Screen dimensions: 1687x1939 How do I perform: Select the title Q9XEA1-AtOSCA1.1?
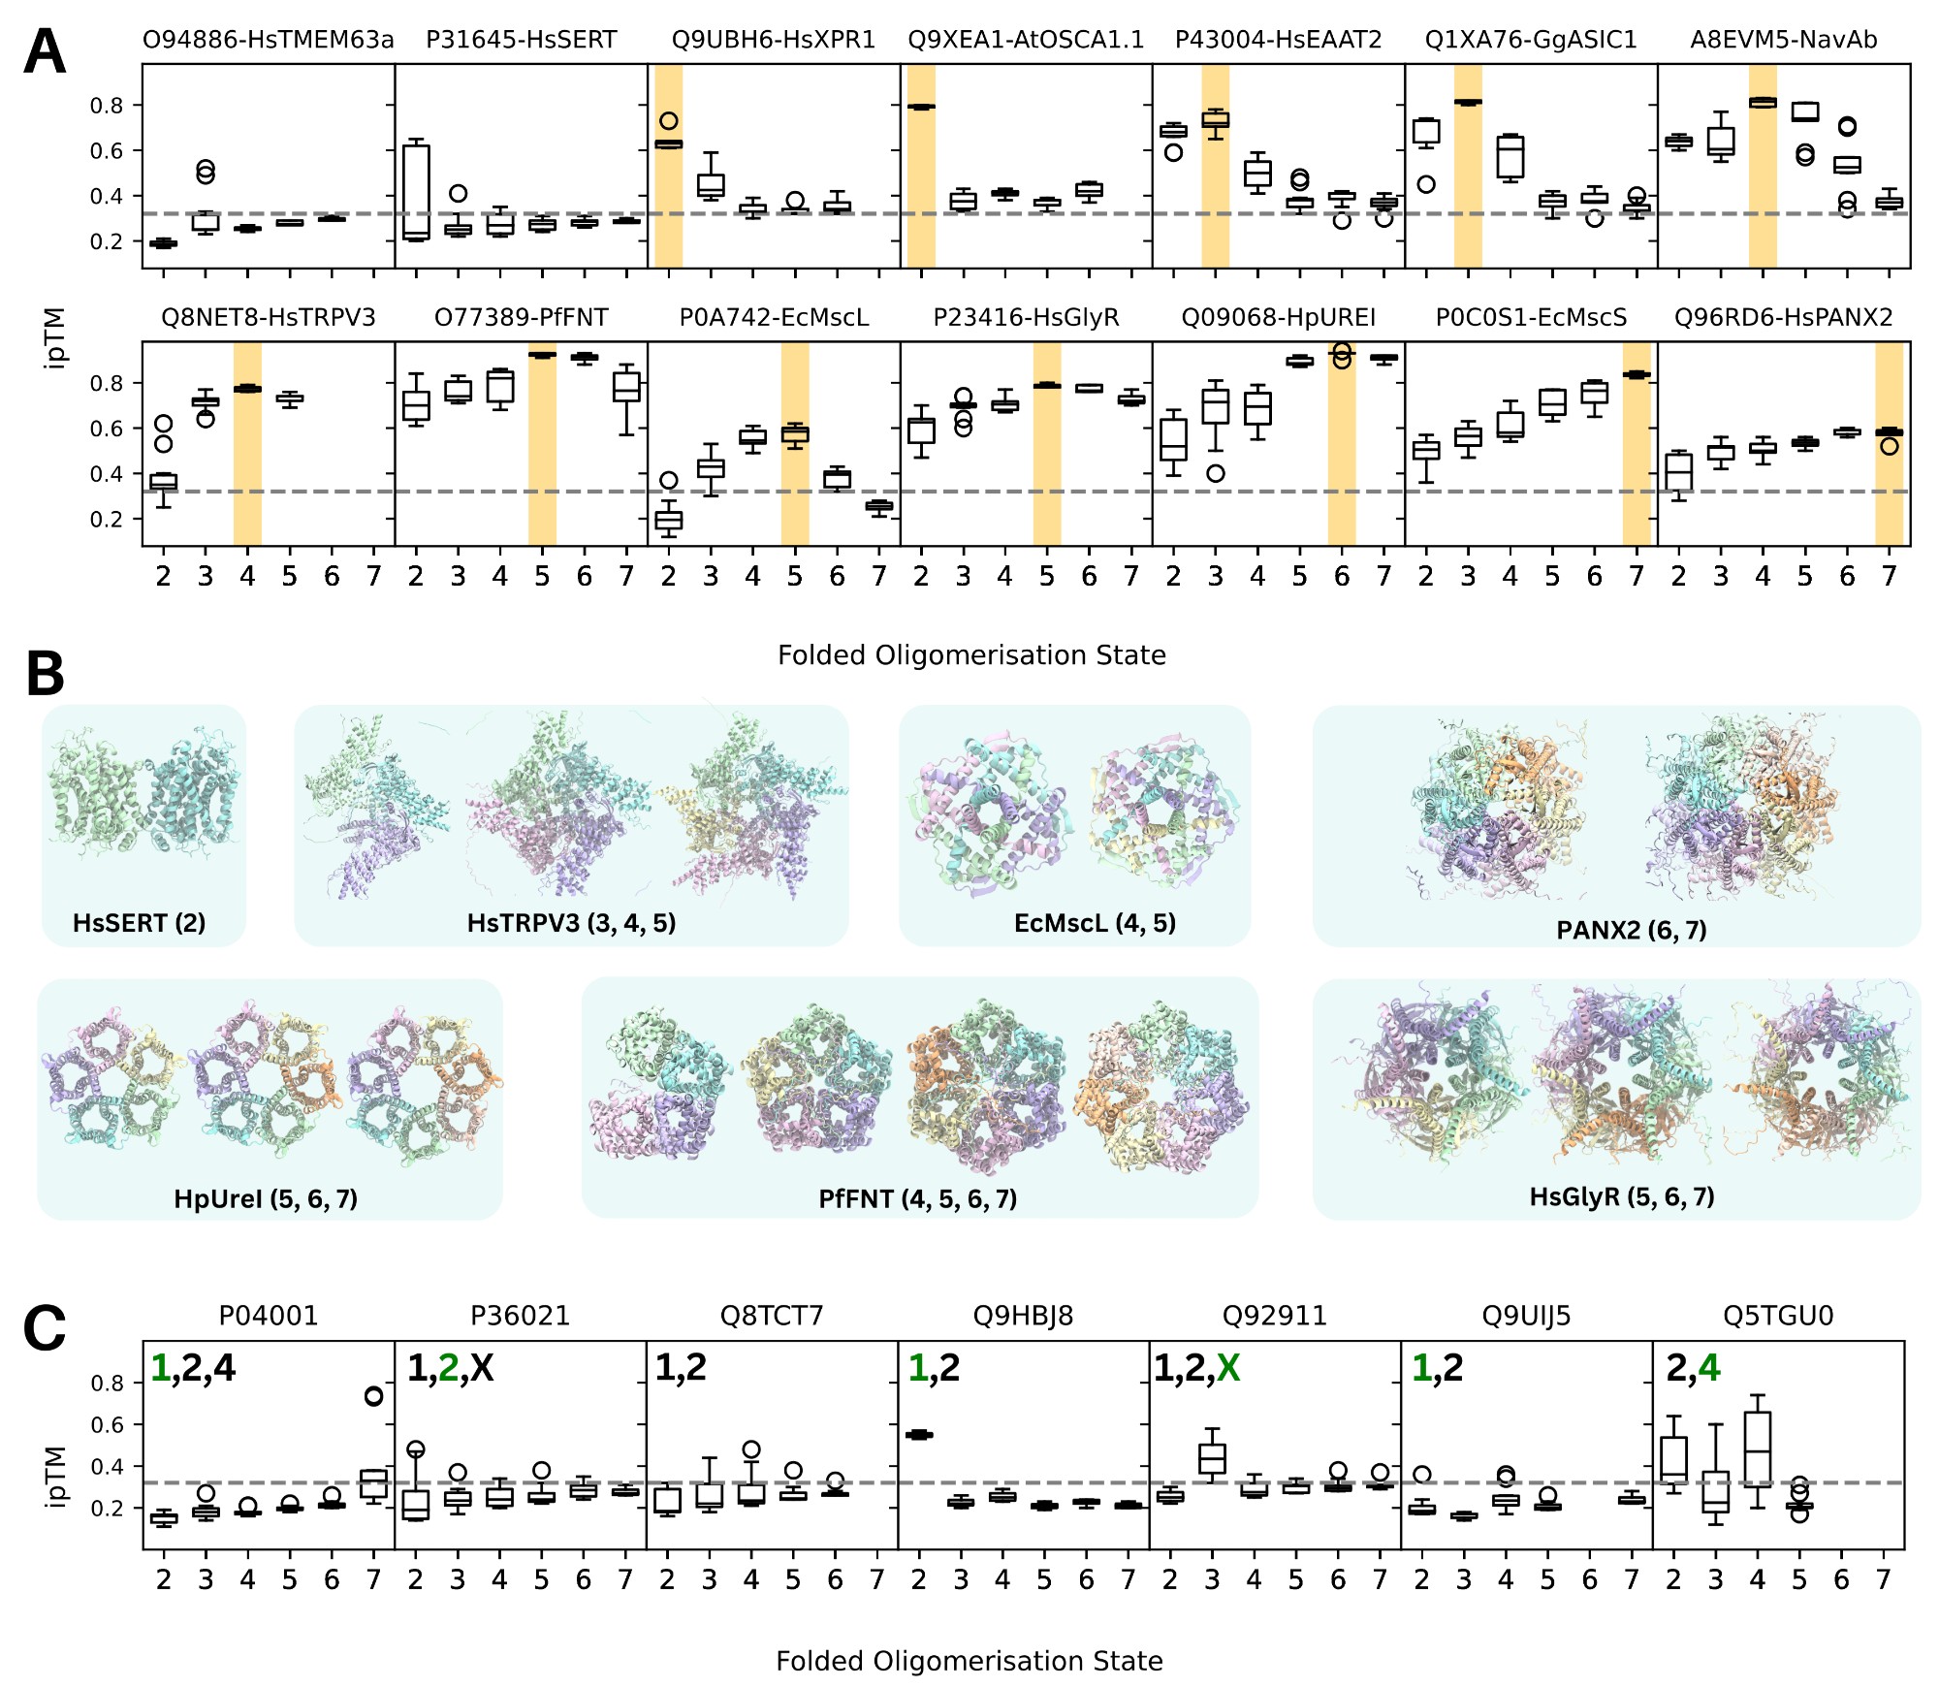pos(1026,40)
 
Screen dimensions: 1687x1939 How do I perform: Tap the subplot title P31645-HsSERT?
pos(522,40)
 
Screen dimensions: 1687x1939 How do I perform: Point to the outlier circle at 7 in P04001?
pos(373,1396)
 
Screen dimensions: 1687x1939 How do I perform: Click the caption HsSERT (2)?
pos(140,923)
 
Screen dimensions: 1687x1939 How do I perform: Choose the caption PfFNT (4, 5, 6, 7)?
pos(918,1199)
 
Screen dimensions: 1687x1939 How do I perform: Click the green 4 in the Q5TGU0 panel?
pos(1708,1368)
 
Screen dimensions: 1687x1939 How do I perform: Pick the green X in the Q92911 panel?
pos(1228,1368)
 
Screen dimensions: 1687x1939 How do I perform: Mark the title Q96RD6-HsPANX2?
pos(1783,318)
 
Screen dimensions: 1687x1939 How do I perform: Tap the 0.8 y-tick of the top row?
pos(107,106)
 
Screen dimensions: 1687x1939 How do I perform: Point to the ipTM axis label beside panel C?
pos(56,1476)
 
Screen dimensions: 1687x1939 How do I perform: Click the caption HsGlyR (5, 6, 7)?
pos(1622,1196)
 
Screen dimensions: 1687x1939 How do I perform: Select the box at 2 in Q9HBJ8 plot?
pos(919,1435)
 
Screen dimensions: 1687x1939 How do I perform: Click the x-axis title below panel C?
pos(969,1661)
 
